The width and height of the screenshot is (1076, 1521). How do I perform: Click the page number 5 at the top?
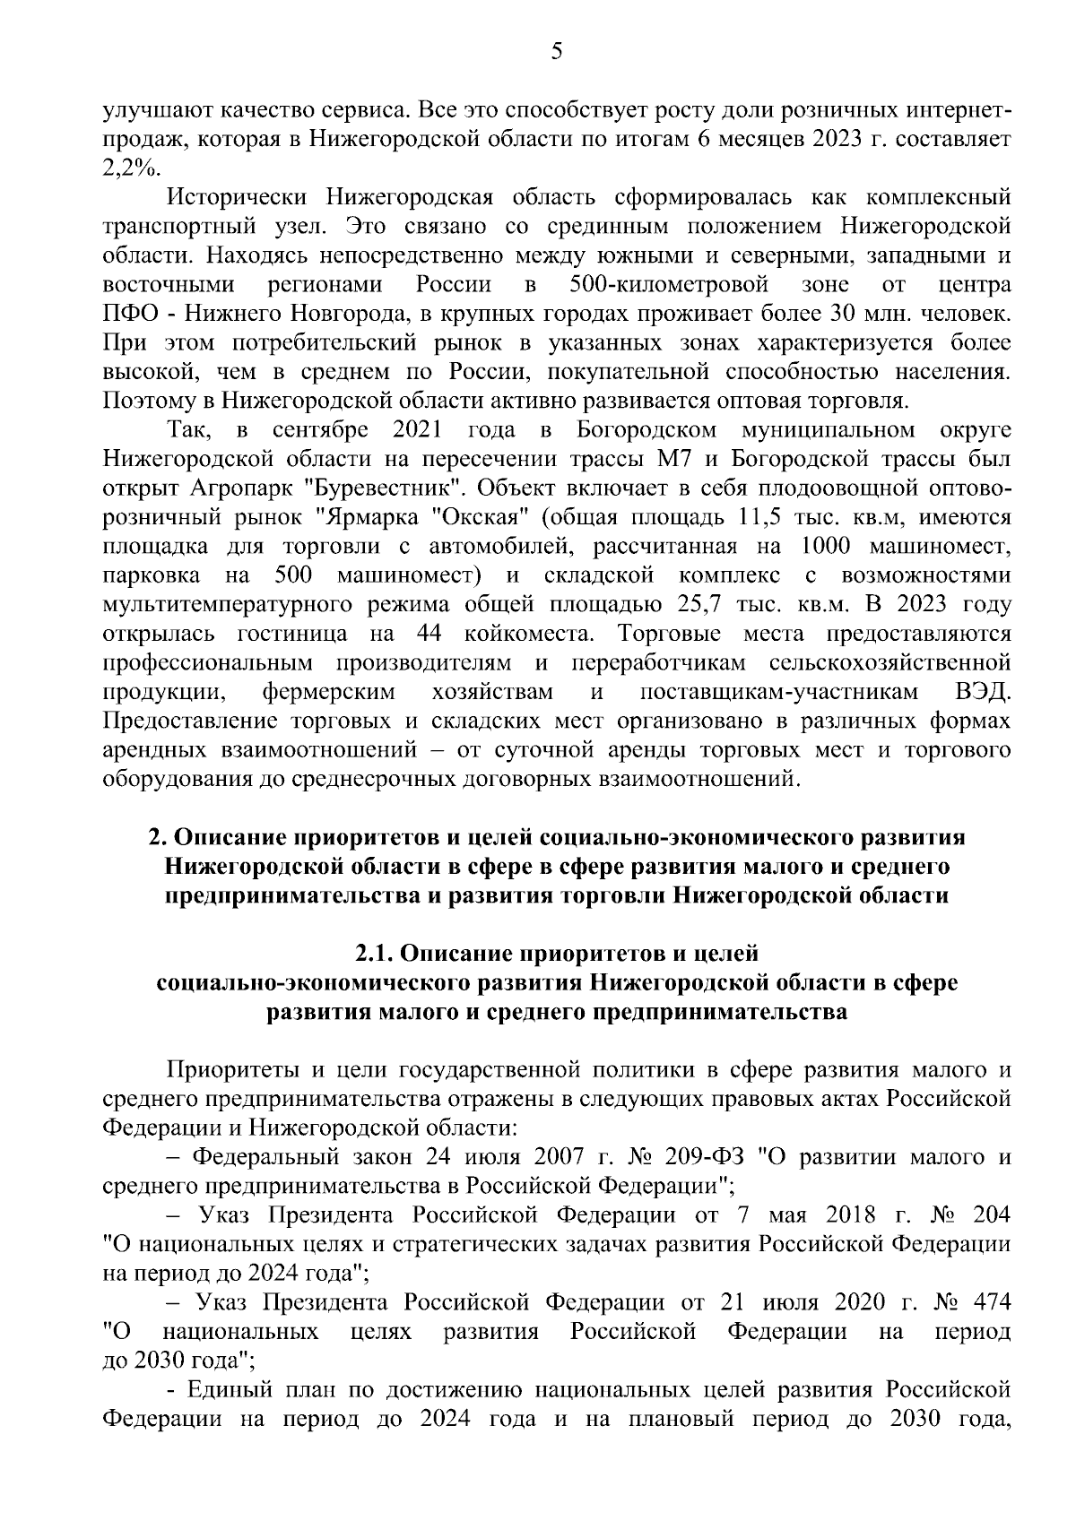point(556,52)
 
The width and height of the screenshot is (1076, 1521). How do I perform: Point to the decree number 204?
point(989,1215)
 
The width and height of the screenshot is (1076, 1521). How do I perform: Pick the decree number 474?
point(988,1302)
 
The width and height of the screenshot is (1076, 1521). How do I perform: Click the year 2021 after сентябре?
point(417,431)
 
